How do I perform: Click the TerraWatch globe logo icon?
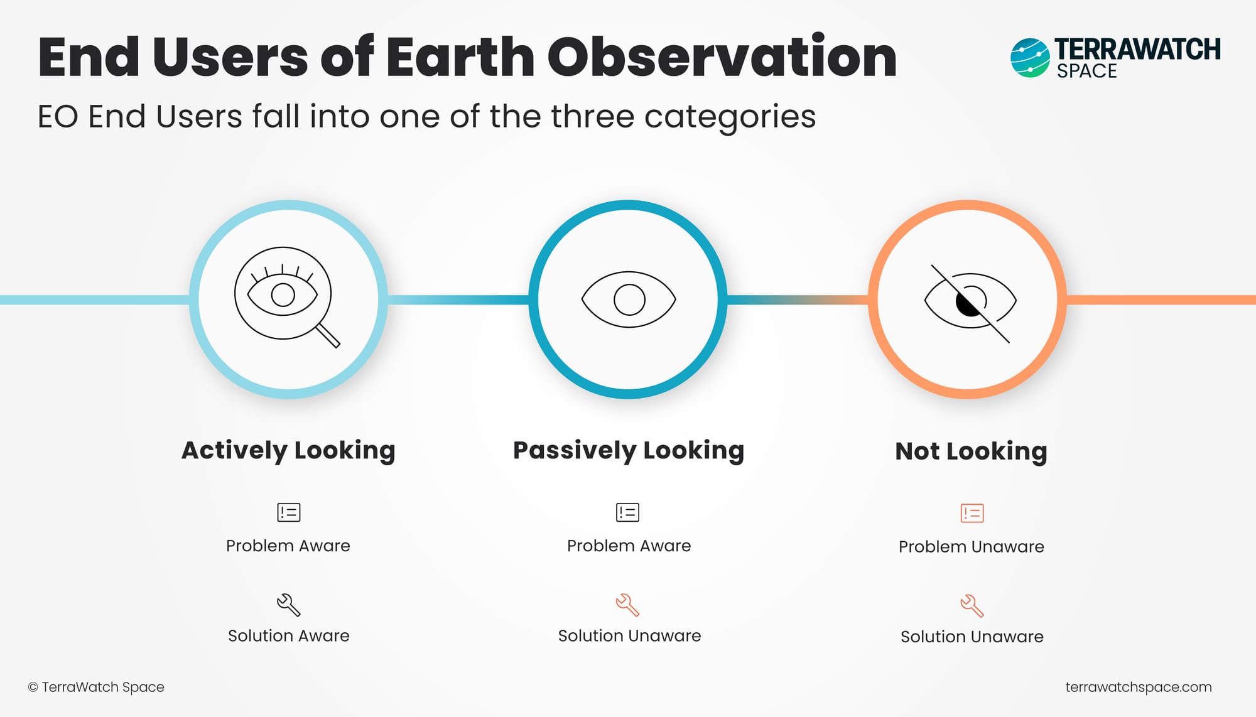1030,58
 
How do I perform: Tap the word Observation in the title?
722,57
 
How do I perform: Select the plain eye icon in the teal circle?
629,299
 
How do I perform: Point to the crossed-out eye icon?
970,303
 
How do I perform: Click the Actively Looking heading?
288,451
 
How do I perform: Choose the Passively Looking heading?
629,451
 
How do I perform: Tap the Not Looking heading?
971,451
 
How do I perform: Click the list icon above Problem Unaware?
972,513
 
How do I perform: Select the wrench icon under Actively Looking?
289,605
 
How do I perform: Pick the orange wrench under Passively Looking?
627,605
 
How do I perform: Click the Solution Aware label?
289,636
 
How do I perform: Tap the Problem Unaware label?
972,547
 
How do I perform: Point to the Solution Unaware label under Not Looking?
972,637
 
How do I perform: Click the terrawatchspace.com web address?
1139,687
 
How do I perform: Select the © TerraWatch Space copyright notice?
96,687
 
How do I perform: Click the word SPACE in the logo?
1087,71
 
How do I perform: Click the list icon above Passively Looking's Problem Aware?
628,512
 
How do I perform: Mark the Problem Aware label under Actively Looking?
288,546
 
